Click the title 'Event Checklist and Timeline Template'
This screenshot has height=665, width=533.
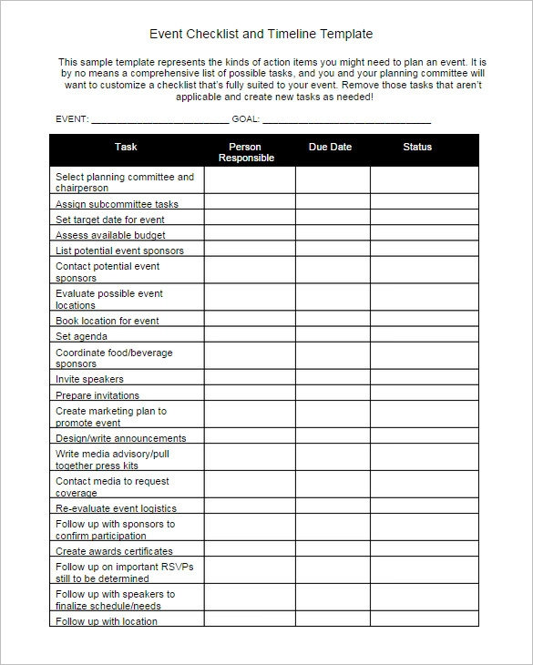coord(261,34)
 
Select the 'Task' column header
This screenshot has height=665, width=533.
coord(126,147)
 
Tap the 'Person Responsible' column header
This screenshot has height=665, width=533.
coord(245,152)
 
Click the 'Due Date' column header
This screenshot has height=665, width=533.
coord(329,147)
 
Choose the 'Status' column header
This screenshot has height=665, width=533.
coord(417,147)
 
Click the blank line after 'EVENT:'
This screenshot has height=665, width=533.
coord(159,120)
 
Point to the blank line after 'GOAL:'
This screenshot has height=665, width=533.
coord(346,120)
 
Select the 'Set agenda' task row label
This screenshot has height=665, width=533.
coord(81,336)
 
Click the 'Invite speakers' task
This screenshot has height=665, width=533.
coord(89,379)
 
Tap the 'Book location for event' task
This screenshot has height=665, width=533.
coord(107,321)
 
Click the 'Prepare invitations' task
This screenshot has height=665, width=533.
coord(97,395)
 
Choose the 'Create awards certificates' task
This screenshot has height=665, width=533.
coord(114,551)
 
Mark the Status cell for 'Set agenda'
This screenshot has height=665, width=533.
coord(424,335)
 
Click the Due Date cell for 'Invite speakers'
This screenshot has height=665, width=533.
coord(333,378)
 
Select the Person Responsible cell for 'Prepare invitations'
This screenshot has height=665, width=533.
coord(250,394)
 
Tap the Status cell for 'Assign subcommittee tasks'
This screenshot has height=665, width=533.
coord(424,203)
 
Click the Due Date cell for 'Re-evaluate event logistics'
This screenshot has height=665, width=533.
coord(333,507)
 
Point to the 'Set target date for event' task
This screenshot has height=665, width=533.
coord(110,220)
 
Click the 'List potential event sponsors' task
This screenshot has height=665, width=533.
coord(119,251)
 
